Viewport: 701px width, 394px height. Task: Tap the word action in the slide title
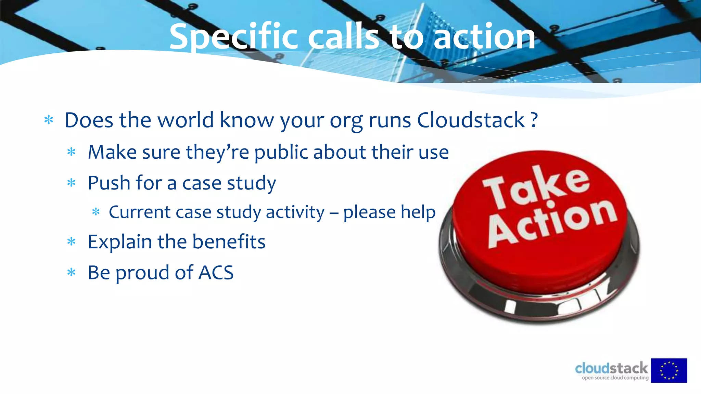pyautogui.click(x=484, y=37)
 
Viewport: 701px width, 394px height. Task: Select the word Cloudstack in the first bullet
pyautogui.click(x=471, y=120)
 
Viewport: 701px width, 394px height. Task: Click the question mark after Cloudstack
pyautogui.click(x=534, y=120)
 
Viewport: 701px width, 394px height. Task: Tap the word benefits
pyautogui.click(x=229, y=242)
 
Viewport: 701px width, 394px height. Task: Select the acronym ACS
pyautogui.click(x=216, y=273)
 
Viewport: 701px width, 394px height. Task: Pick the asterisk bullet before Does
pyautogui.click(x=49, y=120)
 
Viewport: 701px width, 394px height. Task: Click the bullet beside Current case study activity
pyautogui.click(x=96, y=212)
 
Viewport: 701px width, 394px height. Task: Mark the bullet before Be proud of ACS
pyautogui.click(x=71, y=273)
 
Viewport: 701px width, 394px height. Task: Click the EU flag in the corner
pyautogui.click(x=669, y=370)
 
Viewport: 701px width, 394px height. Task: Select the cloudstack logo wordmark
pyautogui.click(x=611, y=368)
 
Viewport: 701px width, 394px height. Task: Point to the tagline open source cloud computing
pyautogui.click(x=615, y=378)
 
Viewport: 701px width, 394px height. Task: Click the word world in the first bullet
pyautogui.click(x=185, y=120)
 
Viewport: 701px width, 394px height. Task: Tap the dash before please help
pyautogui.click(x=334, y=213)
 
